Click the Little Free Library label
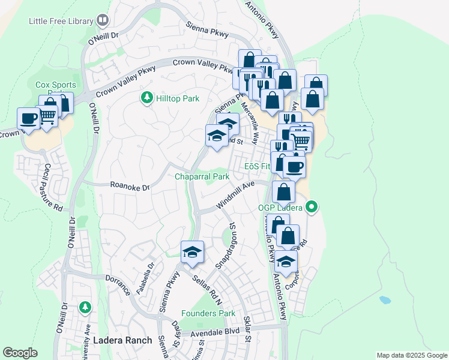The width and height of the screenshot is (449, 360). coord(61,21)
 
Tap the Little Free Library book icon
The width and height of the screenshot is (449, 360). coord(103,21)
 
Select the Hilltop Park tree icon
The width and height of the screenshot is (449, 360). coord(146,97)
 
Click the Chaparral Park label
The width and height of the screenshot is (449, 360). coord(202,177)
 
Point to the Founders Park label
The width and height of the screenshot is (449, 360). coord(208,313)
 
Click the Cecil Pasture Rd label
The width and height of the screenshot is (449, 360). coord(53,188)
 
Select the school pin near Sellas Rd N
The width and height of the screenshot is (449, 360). coord(192,251)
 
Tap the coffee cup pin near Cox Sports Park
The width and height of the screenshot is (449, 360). coord(28,118)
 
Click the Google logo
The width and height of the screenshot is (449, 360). coord(20,353)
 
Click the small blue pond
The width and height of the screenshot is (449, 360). coord(385,299)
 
